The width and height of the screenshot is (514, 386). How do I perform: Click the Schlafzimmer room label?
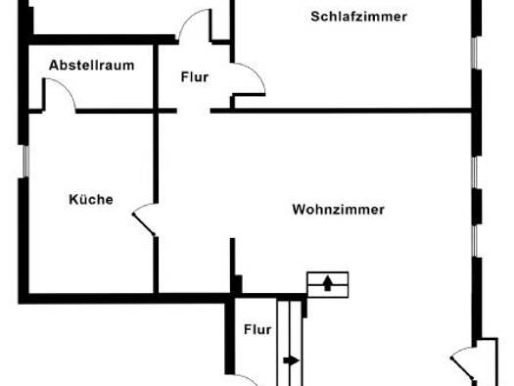[x=358, y=17]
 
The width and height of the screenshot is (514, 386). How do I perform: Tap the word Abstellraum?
[x=91, y=66]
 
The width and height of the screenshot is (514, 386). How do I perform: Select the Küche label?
[x=91, y=200]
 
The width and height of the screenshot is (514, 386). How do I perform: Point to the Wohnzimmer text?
[x=339, y=210]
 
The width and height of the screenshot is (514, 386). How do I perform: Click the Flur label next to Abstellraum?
[x=195, y=77]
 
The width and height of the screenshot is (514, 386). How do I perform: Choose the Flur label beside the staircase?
[x=257, y=329]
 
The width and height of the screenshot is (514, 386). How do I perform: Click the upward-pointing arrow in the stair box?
[x=327, y=283]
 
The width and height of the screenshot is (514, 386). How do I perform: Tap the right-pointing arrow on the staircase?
[x=292, y=361]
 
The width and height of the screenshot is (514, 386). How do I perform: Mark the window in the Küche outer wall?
[x=25, y=162]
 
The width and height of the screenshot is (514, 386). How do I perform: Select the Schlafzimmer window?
[x=474, y=53]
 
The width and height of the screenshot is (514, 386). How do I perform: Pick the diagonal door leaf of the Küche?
[x=144, y=224]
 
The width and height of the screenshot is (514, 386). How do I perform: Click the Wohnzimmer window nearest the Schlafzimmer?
[x=474, y=172]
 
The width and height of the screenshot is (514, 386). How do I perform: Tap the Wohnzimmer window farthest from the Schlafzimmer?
[x=474, y=241]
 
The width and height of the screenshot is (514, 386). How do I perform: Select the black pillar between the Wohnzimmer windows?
[x=477, y=207]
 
